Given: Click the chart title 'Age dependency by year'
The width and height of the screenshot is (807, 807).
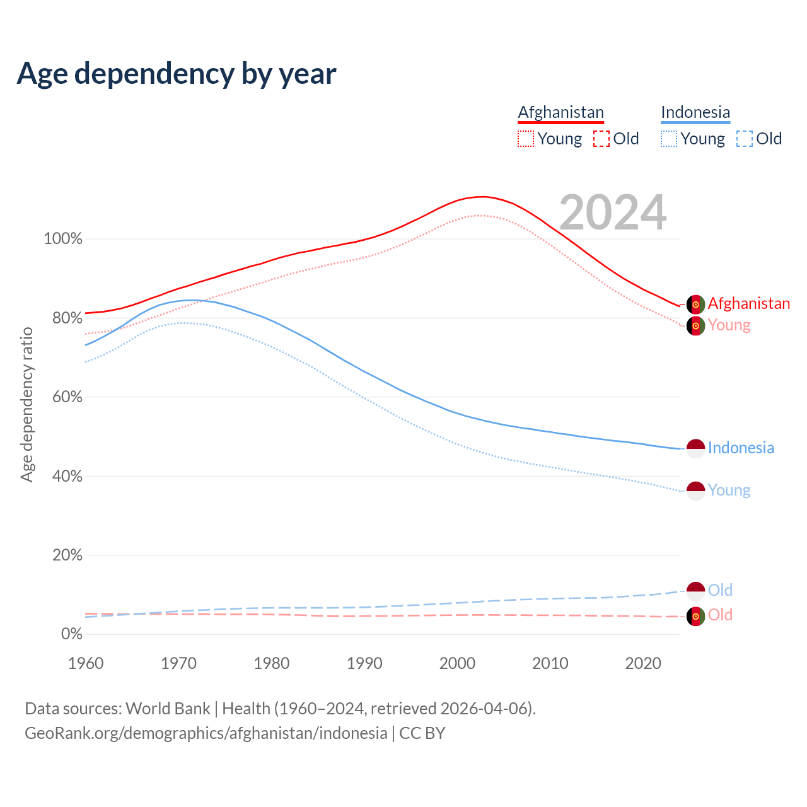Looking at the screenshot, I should pyautogui.click(x=177, y=74).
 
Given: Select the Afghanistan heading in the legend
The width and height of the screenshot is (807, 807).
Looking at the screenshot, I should pyautogui.click(x=560, y=112).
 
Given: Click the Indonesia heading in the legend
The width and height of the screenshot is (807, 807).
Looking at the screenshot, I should pyautogui.click(x=695, y=112).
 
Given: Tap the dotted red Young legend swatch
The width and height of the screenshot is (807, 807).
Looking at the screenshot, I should pyautogui.click(x=526, y=139).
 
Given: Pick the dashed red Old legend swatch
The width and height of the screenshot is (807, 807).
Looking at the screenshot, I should pyautogui.click(x=601, y=139).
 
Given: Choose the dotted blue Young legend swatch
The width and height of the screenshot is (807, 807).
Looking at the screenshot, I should pyautogui.click(x=669, y=139).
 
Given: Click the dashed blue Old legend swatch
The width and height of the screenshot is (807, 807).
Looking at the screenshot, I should pyautogui.click(x=745, y=139).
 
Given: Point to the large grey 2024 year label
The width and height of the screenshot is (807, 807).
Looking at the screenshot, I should pyautogui.click(x=612, y=212).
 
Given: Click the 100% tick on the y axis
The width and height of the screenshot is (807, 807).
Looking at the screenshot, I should pyautogui.click(x=63, y=239).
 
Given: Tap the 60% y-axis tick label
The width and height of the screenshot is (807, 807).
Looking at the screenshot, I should pyautogui.click(x=66, y=397).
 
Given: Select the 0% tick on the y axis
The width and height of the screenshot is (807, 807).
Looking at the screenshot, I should pyautogui.click(x=71, y=634).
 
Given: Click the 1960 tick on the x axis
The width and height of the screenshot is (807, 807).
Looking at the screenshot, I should pyautogui.click(x=86, y=663).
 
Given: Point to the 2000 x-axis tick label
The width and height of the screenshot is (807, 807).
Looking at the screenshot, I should pyautogui.click(x=458, y=663).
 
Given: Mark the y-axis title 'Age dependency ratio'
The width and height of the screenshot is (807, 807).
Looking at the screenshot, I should pyautogui.click(x=26, y=404).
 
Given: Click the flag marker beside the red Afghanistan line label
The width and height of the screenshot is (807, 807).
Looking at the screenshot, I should pyautogui.click(x=695, y=305).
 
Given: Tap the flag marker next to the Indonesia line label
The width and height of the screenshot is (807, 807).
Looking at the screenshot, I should pyautogui.click(x=695, y=448).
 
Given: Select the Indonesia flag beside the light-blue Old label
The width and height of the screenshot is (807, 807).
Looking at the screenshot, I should pyautogui.click(x=695, y=591).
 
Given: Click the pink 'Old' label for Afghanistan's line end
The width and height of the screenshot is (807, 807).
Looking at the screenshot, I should pyautogui.click(x=720, y=615).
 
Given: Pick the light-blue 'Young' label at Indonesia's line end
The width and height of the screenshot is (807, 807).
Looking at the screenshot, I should pyautogui.click(x=729, y=490).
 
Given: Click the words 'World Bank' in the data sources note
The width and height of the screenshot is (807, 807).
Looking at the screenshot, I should pyautogui.click(x=168, y=709).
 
